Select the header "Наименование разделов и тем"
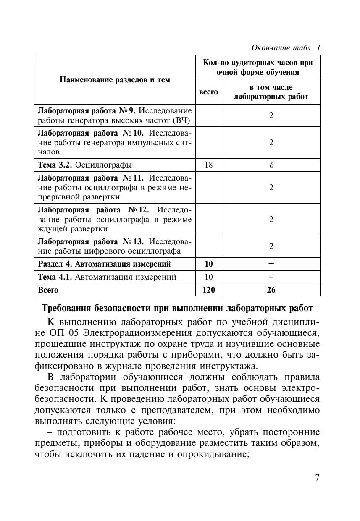(115, 79)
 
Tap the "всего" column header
(208, 92)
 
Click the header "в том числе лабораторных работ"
(271, 92)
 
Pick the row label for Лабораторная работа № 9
(115, 116)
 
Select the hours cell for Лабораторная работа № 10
(271, 143)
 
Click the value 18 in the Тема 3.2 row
(208, 165)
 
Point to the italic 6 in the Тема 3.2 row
(271, 165)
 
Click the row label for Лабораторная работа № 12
(115, 219)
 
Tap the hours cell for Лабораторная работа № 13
(271, 246)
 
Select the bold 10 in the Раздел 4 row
(208, 264)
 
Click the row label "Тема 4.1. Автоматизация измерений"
(107, 277)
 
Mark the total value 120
(208, 290)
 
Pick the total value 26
(271, 290)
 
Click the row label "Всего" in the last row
(48, 290)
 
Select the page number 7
(317, 478)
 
